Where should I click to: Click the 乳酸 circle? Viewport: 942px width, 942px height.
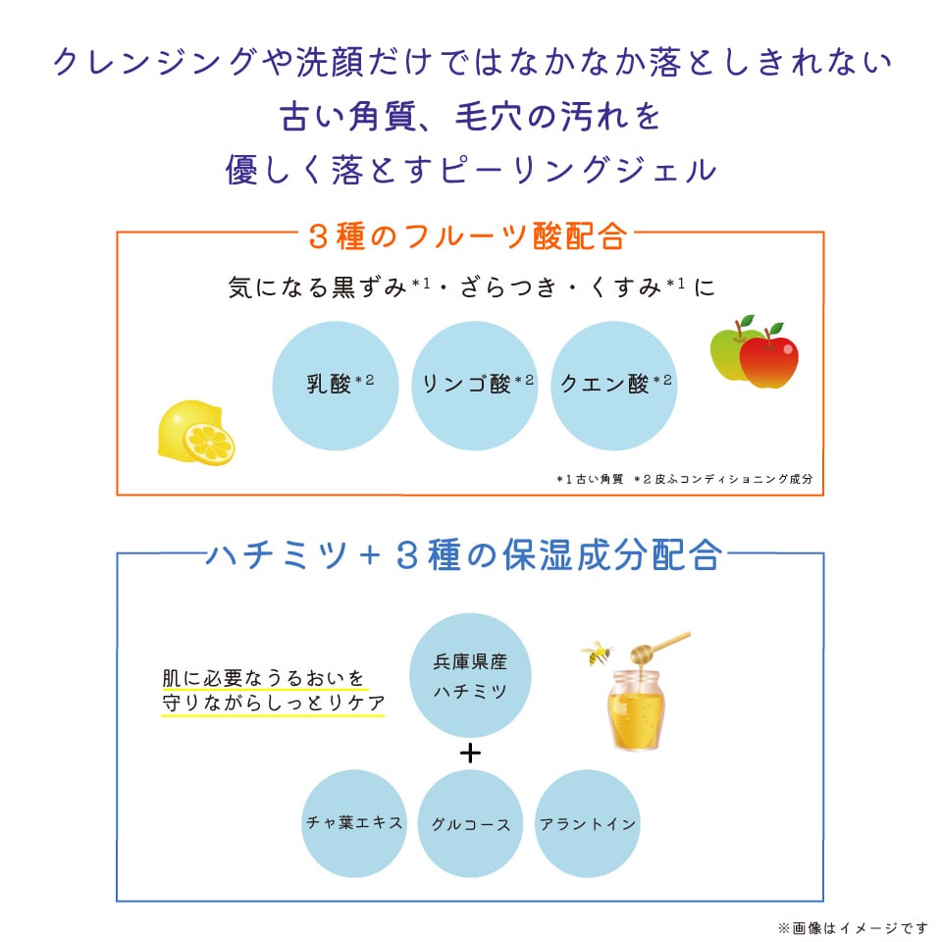pyautogui.click(x=335, y=385)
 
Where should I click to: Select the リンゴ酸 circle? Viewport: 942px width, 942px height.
pyautogui.click(x=474, y=385)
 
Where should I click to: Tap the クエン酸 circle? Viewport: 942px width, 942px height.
pyautogui.click(x=613, y=385)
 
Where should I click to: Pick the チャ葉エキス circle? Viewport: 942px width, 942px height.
pyautogui.click(x=354, y=822)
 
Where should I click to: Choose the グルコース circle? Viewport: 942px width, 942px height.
pyautogui.click(x=471, y=822)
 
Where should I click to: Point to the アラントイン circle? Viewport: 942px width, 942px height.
pyautogui.click(x=588, y=822)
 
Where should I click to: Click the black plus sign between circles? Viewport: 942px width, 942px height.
pyautogui.click(x=471, y=754)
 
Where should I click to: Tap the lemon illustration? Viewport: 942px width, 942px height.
pyautogui.click(x=194, y=435)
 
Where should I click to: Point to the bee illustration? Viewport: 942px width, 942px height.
pyautogui.click(x=596, y=653)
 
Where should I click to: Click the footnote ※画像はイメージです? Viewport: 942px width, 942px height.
pyautogui.click(x=852, y=926)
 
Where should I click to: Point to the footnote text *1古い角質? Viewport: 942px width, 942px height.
pyautogui.click(x=590, y=479)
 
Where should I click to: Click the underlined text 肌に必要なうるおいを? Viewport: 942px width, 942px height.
pyautogui.click(x=263, y=678)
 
